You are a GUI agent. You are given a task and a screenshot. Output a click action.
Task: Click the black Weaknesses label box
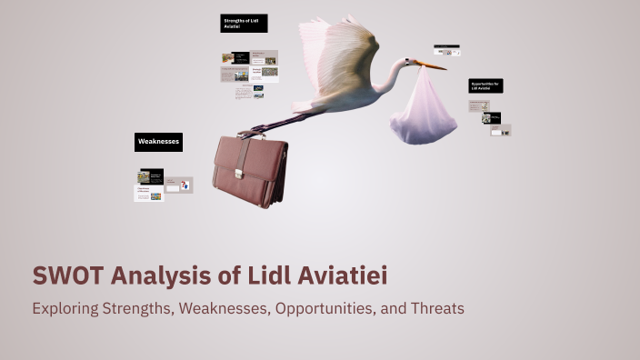(x=158, y=142)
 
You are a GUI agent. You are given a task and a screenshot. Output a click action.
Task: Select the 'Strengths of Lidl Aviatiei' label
(x=244, y=24)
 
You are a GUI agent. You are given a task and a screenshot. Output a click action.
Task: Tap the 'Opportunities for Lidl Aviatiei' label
(x=485, y=85)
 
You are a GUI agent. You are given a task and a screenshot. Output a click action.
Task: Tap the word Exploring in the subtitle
(x=65, y=308)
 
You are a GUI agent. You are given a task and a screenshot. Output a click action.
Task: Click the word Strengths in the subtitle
(x=136, y=308)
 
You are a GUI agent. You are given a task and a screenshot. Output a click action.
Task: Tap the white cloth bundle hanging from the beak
(x=423, y=111)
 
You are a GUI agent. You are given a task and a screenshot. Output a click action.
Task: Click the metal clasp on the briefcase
(x=241, y=170)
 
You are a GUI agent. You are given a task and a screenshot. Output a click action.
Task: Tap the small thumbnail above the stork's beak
(x=446, y=51)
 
